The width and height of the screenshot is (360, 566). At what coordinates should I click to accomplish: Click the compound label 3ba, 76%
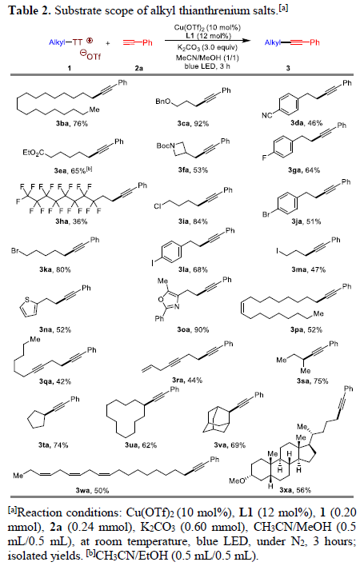(x=71, y=123)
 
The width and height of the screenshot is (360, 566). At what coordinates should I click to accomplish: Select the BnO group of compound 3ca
(x=163, y=102)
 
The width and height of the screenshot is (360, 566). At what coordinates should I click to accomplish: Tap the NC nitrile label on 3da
(x=267, y=115)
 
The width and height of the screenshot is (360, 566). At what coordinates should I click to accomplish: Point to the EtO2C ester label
(x=34, y=153)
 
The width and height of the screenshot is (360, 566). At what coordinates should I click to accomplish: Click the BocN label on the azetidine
(x=166, y=145)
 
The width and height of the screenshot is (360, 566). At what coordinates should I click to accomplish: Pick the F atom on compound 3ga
(x=264, y=157)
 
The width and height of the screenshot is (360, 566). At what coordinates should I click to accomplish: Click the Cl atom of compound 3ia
(x=158, y=206)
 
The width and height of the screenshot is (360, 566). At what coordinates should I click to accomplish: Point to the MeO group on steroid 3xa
(x=236, y=480)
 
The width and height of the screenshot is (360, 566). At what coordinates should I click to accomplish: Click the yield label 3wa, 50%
(x=92, y=490)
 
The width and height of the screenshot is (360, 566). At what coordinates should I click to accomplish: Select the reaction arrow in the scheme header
(x=208, y=41)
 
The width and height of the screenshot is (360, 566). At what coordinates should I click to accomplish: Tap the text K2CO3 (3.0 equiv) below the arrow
(x=207, y=48)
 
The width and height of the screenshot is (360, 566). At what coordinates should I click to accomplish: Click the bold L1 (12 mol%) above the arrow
(x=208, y=35)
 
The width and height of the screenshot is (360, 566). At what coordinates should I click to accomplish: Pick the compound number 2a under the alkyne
(x=138, y=67)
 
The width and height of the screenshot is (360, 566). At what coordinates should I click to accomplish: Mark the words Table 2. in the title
(x=30, y=10)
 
